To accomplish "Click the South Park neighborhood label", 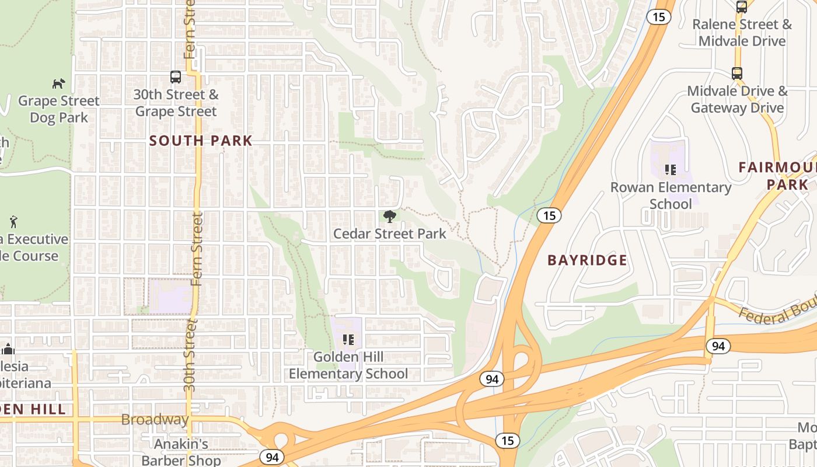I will click(201, 141).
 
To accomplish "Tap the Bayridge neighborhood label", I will click(587, 260).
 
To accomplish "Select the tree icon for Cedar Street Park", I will click(389, 217).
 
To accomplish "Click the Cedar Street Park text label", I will click(389, 233).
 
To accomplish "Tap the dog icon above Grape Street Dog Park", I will click(58, 83).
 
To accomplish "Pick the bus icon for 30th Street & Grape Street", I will click(176, 76).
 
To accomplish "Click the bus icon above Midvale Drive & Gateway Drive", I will click(737, 74).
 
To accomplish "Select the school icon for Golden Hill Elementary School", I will click(348, 339).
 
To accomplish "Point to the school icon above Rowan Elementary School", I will click(671, 170).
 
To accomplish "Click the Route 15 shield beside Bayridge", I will click(549, 215).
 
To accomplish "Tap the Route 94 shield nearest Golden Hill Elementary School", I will click(492, 379).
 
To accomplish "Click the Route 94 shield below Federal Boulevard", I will click(718, 346).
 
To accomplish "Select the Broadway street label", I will click(155, 420).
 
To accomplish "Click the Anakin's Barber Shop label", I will click(181, 452).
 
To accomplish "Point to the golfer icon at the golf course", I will click(13, 222).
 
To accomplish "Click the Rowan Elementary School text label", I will click(671, 196).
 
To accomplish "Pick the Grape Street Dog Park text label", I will click(58, 109).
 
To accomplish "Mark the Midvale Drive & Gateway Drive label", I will click(737, 99).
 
